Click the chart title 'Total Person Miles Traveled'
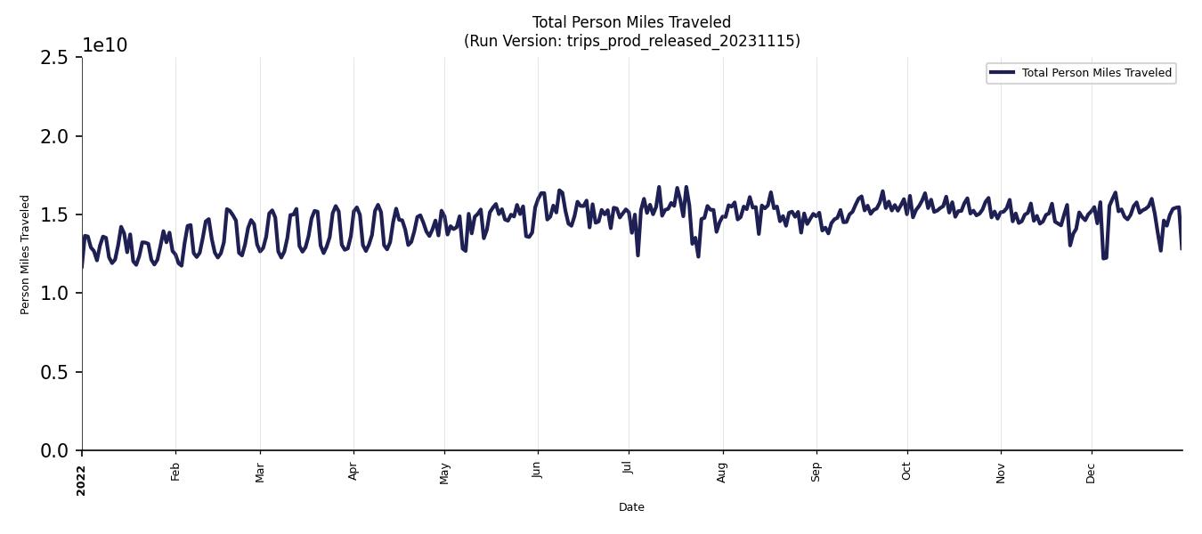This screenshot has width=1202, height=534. tap(631, 22)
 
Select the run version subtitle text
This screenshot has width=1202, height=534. tap(631, 41)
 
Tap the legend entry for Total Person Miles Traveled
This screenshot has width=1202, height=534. tap(1096, 73)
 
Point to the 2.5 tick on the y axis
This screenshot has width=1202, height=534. tap(53, 58)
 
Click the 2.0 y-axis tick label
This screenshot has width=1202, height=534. tap(53, 136)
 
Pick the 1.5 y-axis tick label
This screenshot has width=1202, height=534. tap(53, 215)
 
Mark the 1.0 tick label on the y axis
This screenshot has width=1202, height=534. tap(53, 294)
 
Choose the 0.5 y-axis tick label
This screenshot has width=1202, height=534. tap(53, 372)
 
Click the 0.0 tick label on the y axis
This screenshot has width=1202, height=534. tap(53, 451)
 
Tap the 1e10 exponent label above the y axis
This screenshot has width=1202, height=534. tap(105, 45)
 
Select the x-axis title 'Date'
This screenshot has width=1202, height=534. tap(631, 507)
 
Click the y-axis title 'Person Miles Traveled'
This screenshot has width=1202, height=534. tap(25, 255)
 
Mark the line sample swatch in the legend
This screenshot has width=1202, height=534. tap(1002, 73)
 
